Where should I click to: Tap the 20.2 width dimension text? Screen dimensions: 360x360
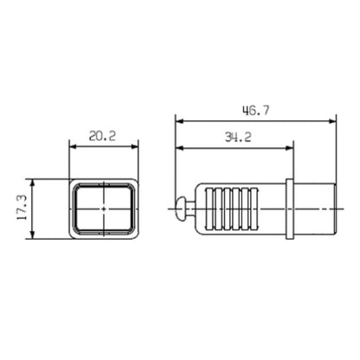104,136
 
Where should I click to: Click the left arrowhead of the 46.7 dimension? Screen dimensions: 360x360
179,121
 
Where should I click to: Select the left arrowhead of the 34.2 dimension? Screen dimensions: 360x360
179,148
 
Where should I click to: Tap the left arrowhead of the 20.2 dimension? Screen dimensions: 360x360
73,146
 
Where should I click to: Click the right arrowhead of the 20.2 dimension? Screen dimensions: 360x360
134,146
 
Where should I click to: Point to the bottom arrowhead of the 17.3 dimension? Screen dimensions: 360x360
32,236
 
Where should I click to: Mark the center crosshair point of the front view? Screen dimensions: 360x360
103,209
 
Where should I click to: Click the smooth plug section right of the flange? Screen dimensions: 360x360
313,209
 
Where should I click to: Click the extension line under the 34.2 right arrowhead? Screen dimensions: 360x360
290,164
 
